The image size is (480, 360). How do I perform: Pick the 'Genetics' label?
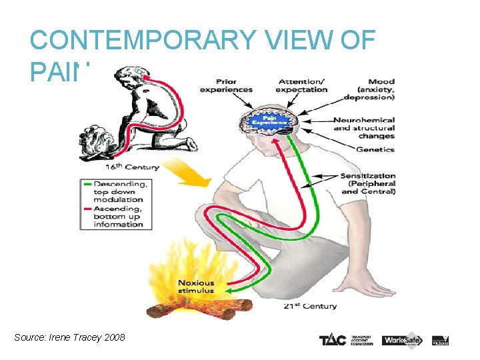(374, 150)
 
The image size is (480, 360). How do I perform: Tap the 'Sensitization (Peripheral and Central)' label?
(368, 183)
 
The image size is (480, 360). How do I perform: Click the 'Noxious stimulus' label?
(195, 287)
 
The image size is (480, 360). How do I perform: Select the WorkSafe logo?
(402, 339)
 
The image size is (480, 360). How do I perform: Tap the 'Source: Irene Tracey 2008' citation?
(69, 338)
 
